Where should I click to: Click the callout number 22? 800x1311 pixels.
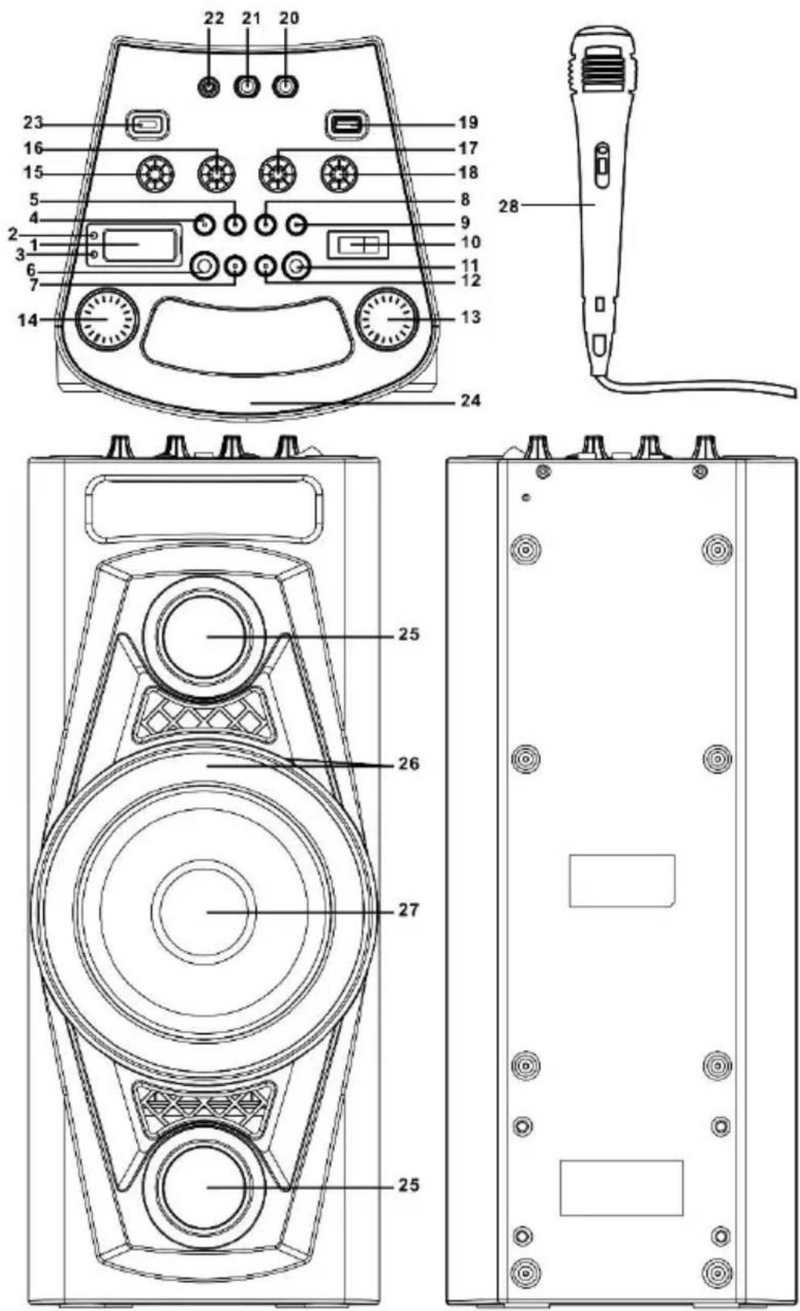214,19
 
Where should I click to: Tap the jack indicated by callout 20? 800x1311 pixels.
285,87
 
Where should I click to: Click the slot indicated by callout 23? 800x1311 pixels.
147,124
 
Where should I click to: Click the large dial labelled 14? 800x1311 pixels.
106,319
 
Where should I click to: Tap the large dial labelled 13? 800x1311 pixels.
388,319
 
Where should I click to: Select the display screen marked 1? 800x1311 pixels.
139,245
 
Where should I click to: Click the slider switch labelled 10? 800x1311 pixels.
357,245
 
